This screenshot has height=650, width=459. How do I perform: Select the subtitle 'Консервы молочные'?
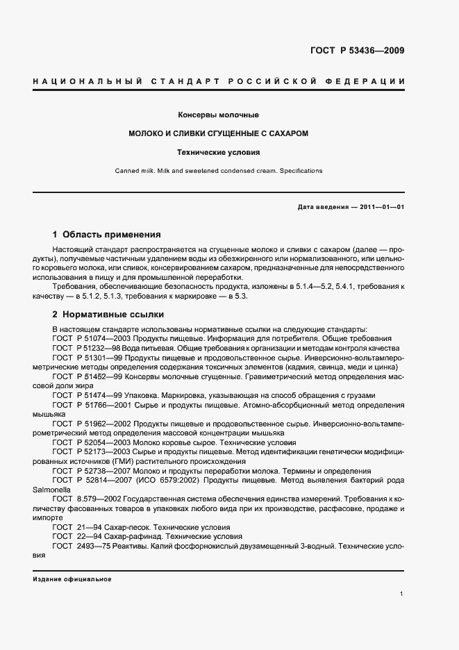(219, 115)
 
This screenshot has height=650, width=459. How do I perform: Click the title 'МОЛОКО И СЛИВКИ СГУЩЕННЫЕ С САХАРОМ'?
(219, 133)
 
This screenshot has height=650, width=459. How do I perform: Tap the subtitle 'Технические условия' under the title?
(219, 151)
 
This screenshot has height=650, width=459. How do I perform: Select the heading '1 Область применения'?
(106, 235)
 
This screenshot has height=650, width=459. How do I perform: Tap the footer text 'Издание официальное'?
(72, 579)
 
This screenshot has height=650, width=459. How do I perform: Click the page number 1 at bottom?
(402, 594)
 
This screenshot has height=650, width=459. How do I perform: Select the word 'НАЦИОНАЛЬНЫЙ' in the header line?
(79, 82)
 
